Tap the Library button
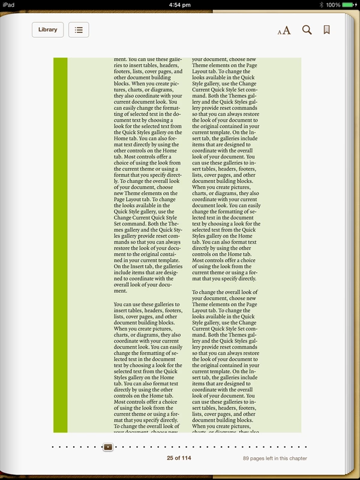47,29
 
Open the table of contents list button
79,29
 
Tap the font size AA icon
284,30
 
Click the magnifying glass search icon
307,29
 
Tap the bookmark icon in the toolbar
327,29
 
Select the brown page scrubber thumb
107,447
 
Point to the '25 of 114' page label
179,458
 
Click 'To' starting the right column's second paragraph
196,292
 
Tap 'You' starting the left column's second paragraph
119,305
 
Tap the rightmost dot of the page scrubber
307,447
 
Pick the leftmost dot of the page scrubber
53,447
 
